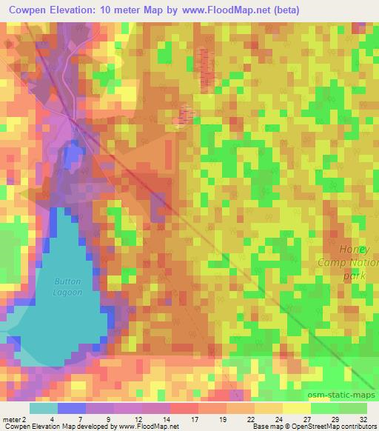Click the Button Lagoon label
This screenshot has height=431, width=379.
(67, 287)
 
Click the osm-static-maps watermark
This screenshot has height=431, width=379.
(344, 393)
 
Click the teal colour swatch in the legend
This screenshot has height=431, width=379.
(44, 408)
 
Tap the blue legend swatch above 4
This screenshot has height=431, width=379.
(72, 408)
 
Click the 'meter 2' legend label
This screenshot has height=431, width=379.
(15, 419)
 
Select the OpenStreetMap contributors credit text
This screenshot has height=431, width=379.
(333, 427)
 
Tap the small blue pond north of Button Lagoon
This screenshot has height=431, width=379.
(72, 156)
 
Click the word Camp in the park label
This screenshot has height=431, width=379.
(333, 263)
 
